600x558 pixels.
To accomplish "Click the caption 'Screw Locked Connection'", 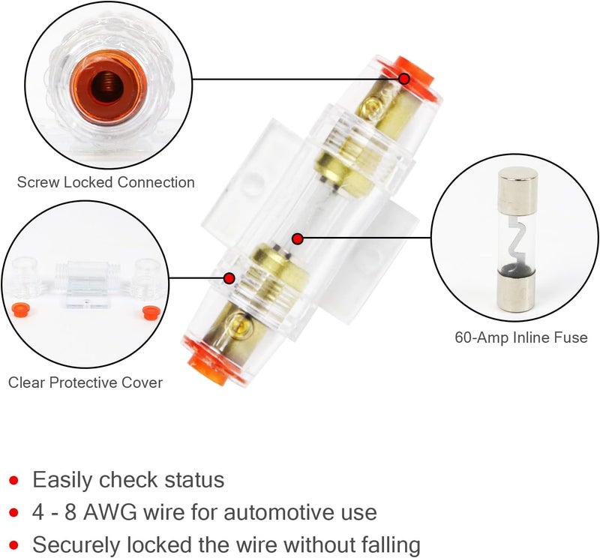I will click(x=106, y=182).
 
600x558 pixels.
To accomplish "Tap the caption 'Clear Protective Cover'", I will click(x=85, y=382).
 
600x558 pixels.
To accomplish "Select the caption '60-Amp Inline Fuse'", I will click(x=520, y=337).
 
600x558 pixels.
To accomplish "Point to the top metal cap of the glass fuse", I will click(x=519, y=186).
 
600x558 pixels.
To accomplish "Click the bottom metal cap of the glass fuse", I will click(x=519, y=288).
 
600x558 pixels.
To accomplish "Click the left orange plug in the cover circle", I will click(x=22, y=309).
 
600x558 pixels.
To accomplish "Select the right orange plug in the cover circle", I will click(x=147, y=309).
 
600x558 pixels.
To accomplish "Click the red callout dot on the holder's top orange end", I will click(x=403, y=78).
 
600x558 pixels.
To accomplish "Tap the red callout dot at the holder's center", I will click(x=298, y=239).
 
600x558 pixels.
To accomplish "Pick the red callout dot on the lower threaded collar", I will click(x=229, y=277).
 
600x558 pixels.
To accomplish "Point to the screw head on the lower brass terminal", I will click(x=238, y=324).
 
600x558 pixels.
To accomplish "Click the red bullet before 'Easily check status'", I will click(x=13, y=480).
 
